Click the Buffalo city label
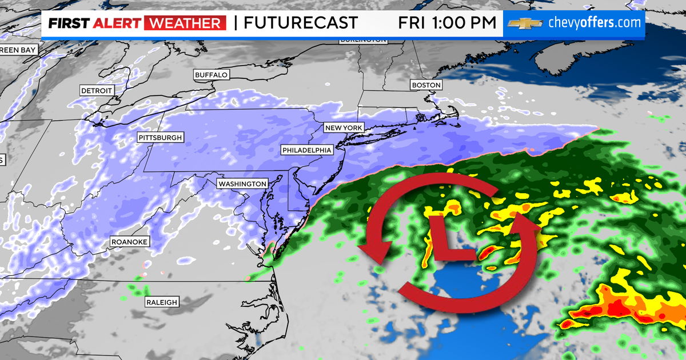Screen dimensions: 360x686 [x=212, y=75]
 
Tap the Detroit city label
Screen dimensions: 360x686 [x=97, y=91]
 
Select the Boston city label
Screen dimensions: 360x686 [x=426, y=85]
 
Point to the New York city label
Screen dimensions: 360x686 [x=344, y=127]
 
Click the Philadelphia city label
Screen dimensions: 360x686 [x=306, y=150]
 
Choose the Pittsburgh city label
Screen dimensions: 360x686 [x=160, y=138]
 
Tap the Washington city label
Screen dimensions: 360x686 [x=242, y=183]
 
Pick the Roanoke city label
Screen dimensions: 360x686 [x=129, y=242]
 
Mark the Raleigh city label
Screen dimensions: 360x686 [x=161, y=302]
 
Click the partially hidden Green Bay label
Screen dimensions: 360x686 [x=18, y=50]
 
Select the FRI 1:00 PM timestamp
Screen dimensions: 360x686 [x=447, y=23]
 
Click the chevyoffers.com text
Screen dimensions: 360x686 [x=594, y=23]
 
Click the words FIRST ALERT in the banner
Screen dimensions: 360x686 [x=94, y=23]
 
